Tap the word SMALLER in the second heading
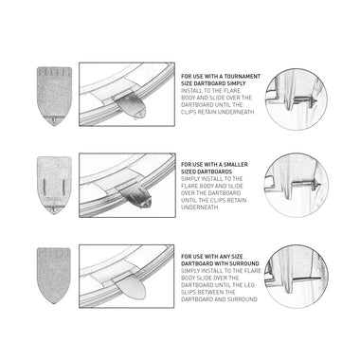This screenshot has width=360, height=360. (236, 165)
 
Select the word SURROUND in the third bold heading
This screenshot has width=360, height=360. (244, 263)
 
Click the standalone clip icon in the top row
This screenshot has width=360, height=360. (54, 96)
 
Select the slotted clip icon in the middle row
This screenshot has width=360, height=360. (54, 185)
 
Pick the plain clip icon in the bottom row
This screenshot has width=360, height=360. (54, 276)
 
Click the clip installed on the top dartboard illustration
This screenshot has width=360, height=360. (131, 106)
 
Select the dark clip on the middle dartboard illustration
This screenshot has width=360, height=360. (136, 197)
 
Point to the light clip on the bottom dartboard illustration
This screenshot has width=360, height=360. (130, 286)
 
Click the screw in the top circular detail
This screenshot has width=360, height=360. (305, 101)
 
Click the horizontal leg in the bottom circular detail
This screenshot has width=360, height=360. (306, 279)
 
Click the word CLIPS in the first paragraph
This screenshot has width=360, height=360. (189, 112)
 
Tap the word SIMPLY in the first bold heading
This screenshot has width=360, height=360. (237, 83)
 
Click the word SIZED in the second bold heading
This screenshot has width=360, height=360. (189, 171)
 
